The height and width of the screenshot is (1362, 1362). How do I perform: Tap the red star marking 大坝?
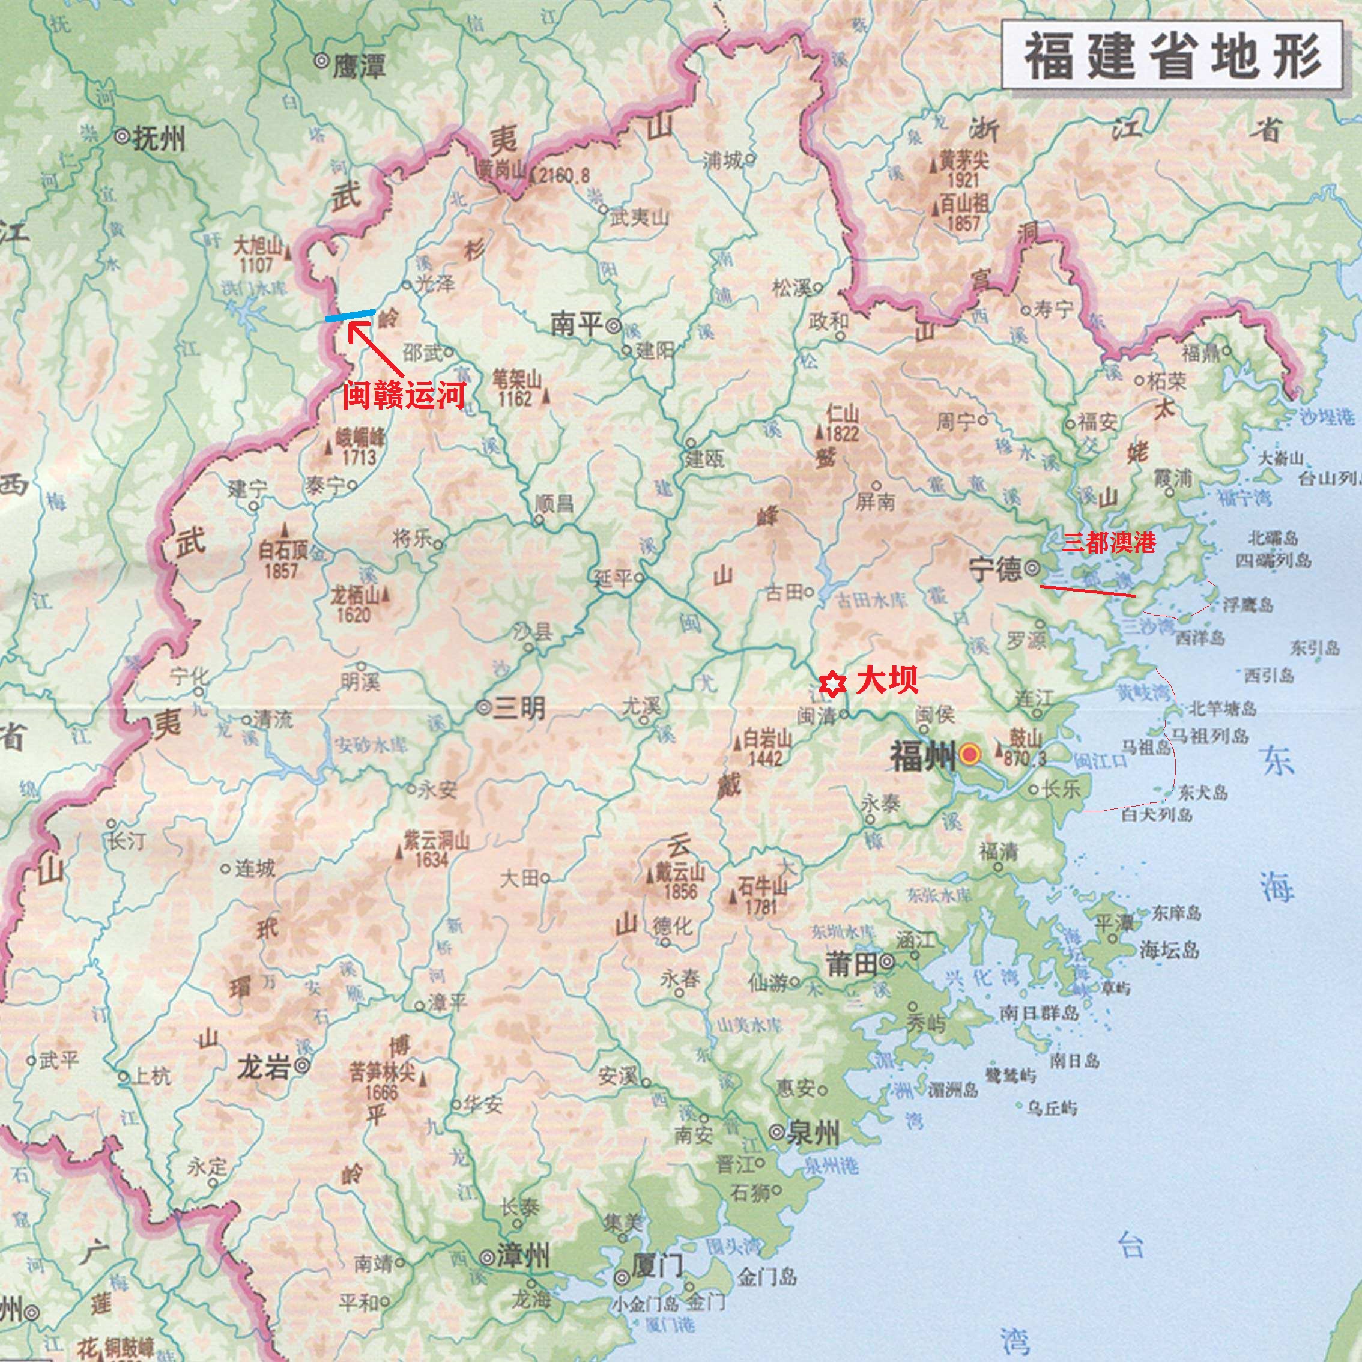coord(832,685)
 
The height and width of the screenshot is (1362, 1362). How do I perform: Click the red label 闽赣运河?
coord(404,396)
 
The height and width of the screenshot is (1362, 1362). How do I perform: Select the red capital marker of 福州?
coord(970,755)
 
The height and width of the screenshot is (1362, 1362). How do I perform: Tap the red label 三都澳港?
coord(1109,542)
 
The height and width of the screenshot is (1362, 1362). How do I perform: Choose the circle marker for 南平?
coord(613,325)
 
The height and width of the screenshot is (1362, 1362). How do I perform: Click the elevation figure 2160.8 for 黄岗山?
coord(564,175)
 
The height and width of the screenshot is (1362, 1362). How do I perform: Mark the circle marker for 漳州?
coord(486,1257)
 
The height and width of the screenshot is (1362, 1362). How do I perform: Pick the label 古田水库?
coord(871,601)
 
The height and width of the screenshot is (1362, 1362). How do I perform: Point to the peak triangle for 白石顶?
coord(285,528)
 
